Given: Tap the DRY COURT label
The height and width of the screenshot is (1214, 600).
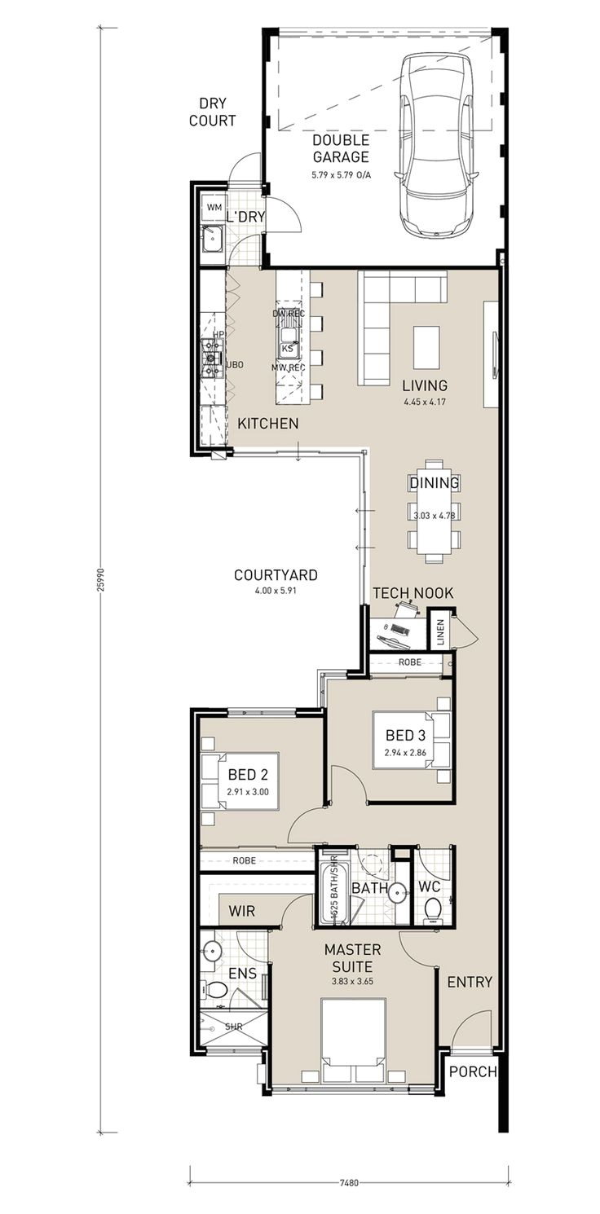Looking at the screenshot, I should coord(212,112).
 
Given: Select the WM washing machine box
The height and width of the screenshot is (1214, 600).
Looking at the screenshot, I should coord(214,208).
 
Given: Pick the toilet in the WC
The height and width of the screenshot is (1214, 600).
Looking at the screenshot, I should coord(432,907).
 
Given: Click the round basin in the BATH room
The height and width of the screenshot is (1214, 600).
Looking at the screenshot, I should coord(399,893).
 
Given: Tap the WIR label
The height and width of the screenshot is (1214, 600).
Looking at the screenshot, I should coord(242,911).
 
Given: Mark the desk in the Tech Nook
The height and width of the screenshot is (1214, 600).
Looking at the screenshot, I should coord(395,631).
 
